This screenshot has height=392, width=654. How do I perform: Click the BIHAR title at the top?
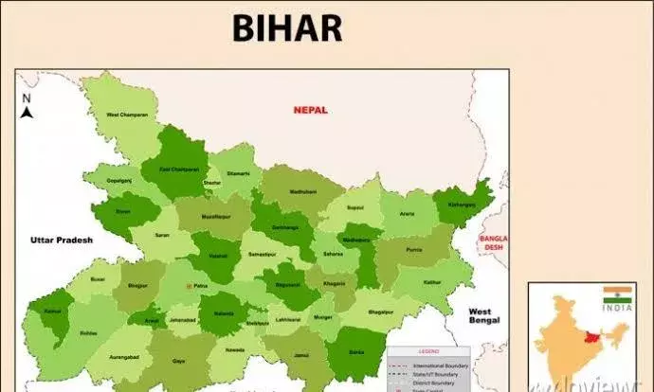point(286,29)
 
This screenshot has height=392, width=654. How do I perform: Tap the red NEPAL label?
point(310,110)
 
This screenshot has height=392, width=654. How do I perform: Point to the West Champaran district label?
point(126,115)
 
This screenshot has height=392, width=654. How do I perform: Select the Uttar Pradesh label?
point(61,241)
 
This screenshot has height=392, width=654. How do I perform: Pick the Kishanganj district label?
point(462,204)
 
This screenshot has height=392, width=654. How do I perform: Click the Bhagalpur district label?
point(379,312)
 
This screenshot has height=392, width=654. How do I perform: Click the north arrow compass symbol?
point(27,107)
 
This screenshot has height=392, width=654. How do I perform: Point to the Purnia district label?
point(412,249)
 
